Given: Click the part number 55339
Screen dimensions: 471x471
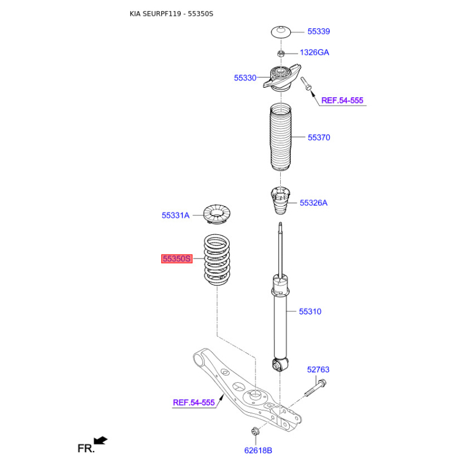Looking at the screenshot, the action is (x=319, y=32).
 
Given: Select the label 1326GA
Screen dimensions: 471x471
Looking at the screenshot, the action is (x=314, y=52).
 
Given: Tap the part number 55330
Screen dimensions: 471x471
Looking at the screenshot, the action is (x=245, y=78).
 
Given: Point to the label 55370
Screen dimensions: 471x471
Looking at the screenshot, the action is (x=319, y=138).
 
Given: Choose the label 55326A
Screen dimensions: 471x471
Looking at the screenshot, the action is (x=313, y=203).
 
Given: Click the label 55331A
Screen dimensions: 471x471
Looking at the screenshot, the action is (x=175, y=215).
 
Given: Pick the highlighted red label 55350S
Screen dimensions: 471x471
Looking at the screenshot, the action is (x=177, y=258).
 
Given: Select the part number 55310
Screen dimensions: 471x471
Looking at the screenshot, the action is (x=310, y=311).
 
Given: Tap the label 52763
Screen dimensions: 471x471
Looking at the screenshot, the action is (x=318, y=370).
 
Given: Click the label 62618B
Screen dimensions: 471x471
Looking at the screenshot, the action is (x=258, y=450).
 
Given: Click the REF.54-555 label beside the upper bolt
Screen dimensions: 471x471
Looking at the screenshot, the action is (x=342, y=100).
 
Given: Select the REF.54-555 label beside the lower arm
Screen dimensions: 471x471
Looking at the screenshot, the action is (x=194, y=403).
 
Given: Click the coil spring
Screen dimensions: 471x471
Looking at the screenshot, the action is (x=217, y=260).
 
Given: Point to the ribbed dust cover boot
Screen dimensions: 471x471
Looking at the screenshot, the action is (x=281, y=137).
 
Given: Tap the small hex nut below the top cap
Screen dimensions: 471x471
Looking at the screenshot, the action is (x=281, y=54).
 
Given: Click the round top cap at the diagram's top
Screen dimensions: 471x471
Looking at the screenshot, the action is (x=281, y=32).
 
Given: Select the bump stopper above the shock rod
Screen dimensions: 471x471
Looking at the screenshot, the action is (x=281, y=201).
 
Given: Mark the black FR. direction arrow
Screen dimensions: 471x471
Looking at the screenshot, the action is (x=100, y=440).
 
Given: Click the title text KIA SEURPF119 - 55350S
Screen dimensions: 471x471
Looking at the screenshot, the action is (x=171, y=14).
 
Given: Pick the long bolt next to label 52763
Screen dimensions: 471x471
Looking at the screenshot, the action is (x=316, y=388).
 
